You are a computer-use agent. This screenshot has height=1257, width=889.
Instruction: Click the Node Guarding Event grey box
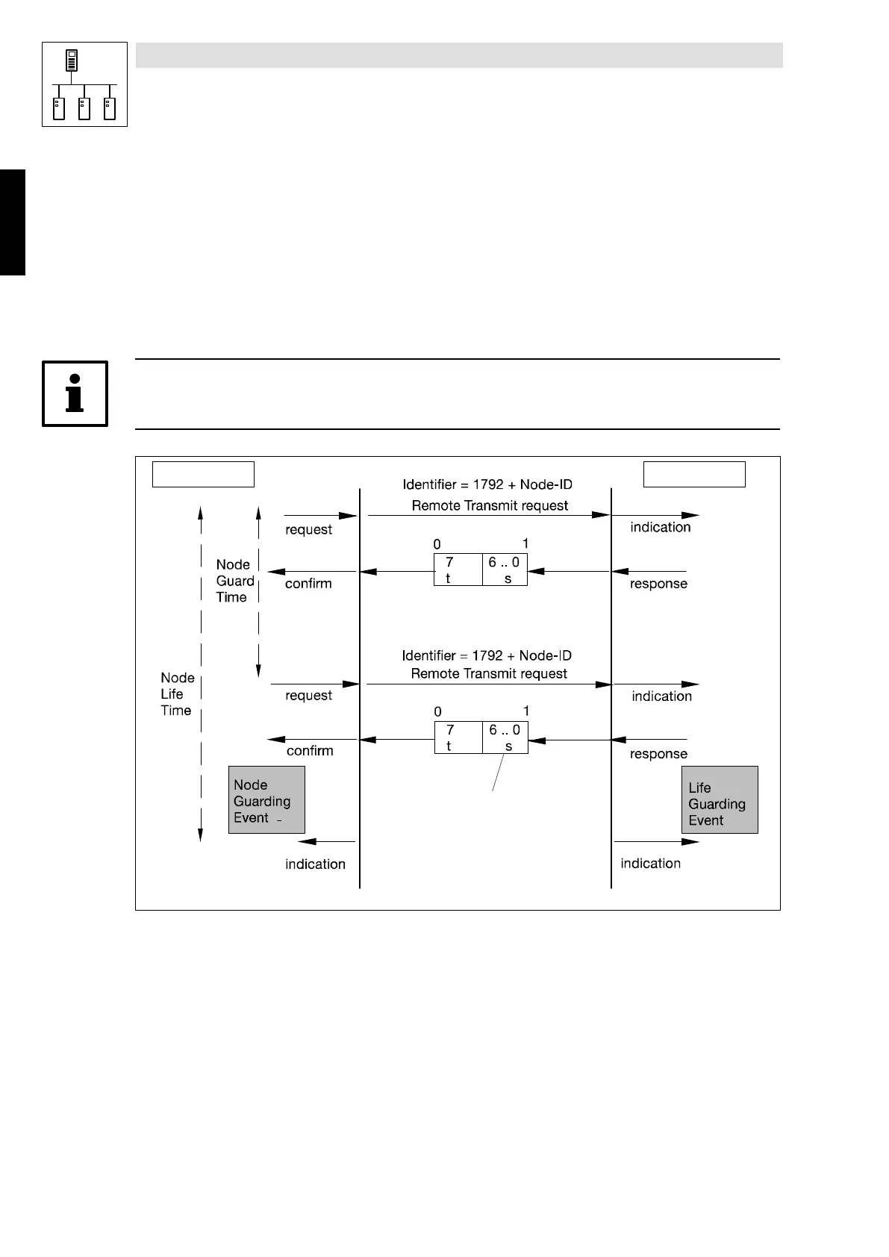point(266,800)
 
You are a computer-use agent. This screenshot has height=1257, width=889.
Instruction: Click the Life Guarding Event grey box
point(720,800)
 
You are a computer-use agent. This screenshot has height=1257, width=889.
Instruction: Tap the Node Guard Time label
point(235,581)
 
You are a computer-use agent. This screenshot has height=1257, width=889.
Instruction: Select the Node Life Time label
point(177,694)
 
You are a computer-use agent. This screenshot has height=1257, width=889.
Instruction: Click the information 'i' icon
point(75,393)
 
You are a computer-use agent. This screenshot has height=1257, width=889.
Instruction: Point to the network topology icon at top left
point(84,84)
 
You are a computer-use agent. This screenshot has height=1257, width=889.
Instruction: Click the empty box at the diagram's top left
point(203,475)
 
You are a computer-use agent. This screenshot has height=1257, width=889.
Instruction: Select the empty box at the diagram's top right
point(694,475)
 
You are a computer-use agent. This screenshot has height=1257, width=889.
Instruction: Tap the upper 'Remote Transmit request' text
point(490,506)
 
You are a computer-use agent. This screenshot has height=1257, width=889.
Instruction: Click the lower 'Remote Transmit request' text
point(489,674)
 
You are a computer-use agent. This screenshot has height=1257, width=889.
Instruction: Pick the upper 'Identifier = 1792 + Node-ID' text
point(487,485)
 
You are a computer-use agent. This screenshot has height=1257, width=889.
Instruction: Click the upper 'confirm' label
point(308,584)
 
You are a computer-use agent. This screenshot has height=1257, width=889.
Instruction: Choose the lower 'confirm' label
point(310,751)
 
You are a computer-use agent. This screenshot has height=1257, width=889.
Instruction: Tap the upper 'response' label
point(658,584)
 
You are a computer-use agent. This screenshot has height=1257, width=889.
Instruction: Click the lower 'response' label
point(658,754)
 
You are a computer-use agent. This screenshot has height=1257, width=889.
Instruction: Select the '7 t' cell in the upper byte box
point(458,570)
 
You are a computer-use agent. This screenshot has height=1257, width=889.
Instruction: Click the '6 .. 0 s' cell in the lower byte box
point(505,737)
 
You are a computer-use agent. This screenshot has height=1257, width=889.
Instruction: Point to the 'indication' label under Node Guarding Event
point(315,864)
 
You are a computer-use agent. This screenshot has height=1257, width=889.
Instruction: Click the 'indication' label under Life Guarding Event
point(650,864)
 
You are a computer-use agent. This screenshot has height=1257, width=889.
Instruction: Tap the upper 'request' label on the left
point(308,530)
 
